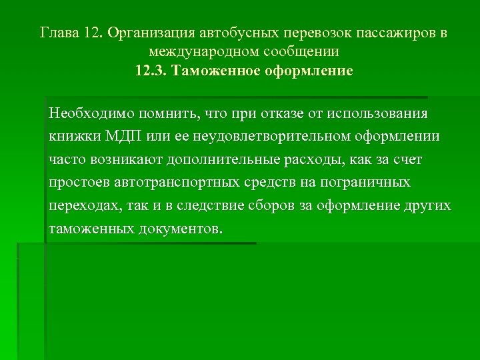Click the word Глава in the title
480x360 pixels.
pyautogui.click(x=59, y=32)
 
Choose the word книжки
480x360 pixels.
pyautogui.click(x=75, y=137)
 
